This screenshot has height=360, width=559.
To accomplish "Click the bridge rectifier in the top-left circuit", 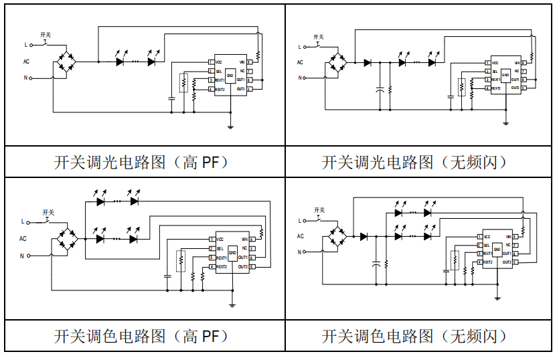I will point(66,62).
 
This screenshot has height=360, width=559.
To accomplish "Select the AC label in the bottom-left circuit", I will point(23,238).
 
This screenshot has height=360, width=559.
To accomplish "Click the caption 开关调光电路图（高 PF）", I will point(141,163).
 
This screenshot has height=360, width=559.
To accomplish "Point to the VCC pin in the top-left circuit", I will point(218,62).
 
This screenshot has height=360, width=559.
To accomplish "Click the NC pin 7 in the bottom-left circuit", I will point(244,248).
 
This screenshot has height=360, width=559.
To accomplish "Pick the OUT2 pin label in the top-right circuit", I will point(515,88).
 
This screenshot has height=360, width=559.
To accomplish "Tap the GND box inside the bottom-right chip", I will point(497,250).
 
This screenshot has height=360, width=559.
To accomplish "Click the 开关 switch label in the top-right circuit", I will point(319,37).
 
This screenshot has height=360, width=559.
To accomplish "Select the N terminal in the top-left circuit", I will point(26,78).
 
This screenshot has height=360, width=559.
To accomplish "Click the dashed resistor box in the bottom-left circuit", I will point(179,260).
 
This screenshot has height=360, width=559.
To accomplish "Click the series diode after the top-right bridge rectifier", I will point(368,63).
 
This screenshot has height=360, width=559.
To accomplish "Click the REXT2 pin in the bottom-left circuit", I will point(222,267).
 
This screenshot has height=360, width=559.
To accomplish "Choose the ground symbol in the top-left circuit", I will point(231,126).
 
